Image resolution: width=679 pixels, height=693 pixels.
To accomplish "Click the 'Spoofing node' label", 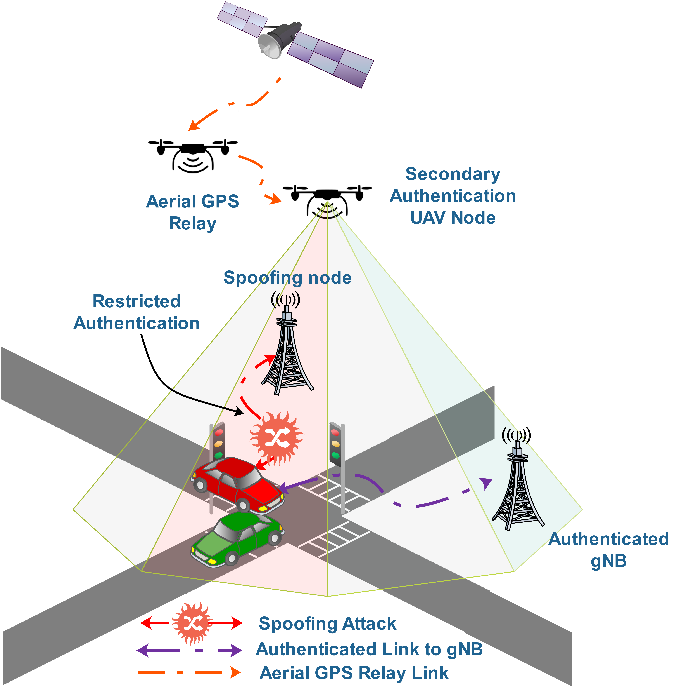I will (287, 278).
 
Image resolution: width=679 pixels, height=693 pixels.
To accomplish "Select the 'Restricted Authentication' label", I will (137, 312).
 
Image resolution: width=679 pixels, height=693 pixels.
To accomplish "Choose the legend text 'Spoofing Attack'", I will (327, 623).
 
